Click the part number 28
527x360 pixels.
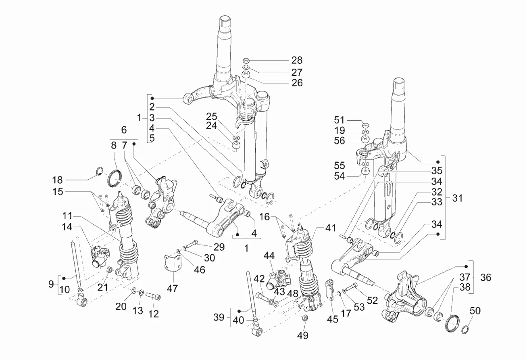[x=297, y=60]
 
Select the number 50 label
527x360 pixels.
[x=475, y=311]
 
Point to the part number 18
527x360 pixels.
[x=58, y=180]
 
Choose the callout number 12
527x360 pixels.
[x=153, y=314]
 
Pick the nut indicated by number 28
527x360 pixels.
[x=246, y=61]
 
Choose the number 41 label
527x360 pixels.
[x=331, y=228]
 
